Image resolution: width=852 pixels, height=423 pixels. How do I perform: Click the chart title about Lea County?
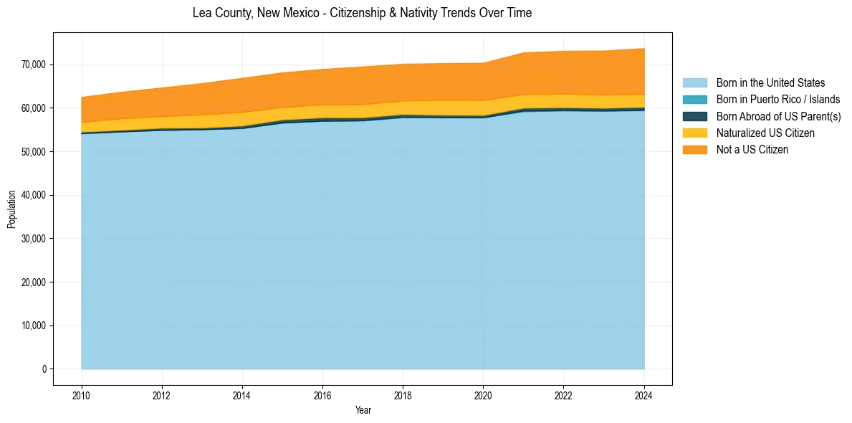coord(362,13)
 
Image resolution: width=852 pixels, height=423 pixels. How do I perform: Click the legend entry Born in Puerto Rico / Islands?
coord(777,100)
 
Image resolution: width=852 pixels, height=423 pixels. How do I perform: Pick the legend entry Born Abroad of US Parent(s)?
coord(778,116)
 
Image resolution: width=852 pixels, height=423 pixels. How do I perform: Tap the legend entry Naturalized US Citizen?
coord(765,133)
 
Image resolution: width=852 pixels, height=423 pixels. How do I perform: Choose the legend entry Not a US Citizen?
coord(752,150)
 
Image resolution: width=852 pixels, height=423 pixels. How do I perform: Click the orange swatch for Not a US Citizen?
coord(694,150)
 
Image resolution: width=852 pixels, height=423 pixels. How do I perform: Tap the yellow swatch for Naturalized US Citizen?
coord(694,133)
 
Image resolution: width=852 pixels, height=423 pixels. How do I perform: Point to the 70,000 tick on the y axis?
coord(34,65)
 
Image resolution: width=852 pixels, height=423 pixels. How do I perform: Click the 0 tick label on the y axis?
coord(44,369)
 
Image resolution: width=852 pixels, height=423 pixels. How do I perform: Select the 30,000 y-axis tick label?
coord(34,239)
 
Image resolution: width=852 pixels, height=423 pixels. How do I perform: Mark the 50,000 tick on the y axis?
coord(34,152)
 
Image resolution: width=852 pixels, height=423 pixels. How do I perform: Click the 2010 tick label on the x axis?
coord(82,394)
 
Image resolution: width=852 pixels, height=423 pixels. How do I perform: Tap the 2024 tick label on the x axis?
coord(644,394)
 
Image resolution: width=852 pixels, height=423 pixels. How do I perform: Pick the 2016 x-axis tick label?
coord(322,394)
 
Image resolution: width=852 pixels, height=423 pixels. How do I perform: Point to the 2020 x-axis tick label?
coord(484,394)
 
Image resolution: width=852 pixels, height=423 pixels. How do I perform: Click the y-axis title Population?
coord(11,209)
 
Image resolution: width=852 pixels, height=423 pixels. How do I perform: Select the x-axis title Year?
coord(363,410)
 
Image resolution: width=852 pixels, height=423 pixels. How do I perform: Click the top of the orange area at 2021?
coord(524,52)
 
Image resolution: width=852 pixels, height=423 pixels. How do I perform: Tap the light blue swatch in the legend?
coord(694,83)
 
